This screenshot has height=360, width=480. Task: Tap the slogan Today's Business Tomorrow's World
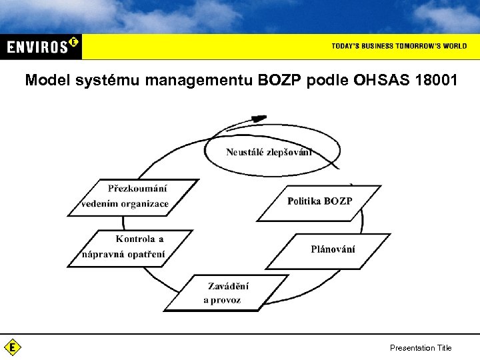(399, 46)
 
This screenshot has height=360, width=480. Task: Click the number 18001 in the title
(436, 81)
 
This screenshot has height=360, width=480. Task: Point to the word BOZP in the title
(282, 81)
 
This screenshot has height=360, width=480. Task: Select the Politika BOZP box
(319, 201)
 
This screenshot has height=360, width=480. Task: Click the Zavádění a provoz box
(225, 293)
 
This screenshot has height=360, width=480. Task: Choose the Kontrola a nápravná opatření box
(129, 247)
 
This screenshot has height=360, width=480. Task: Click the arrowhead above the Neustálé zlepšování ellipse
(257, 119)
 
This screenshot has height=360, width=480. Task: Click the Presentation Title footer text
(420, 347)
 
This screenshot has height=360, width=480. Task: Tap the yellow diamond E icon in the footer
(12, 347)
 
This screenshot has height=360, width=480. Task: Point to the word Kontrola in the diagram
(135, 239)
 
